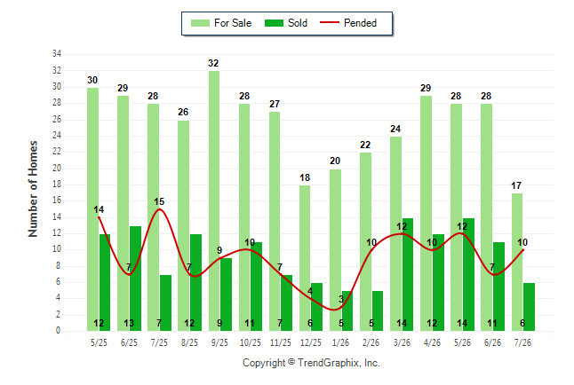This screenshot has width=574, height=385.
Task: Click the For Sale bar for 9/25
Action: [214, 200]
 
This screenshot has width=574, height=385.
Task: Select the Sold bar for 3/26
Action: [408, 275]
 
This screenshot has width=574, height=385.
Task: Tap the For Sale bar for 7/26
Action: [517, 263]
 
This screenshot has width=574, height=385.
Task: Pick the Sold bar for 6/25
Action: [135, 279]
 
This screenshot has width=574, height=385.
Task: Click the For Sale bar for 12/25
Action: [305, 258]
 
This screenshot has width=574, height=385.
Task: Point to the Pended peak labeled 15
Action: [159, 208]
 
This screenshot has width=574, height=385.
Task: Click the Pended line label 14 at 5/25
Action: [99, 210]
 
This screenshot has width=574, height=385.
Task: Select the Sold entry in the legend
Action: [286, 23]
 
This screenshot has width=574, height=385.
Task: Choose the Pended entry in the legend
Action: [348, 23]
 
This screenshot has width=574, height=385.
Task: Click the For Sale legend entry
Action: [221, 23]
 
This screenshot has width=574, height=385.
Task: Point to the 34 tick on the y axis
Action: [57, 54]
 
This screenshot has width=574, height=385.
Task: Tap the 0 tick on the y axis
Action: [58, 331]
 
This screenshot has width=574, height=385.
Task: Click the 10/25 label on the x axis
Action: [251, 342]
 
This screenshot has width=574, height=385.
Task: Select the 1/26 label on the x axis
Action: [341, 342]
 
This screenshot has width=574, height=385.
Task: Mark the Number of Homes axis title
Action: [33, 189]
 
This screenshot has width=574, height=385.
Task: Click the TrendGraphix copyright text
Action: [311, 363]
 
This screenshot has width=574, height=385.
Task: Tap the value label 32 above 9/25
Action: [213, 63]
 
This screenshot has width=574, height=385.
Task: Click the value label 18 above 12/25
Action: [305, 177]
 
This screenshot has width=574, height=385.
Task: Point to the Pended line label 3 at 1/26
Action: [341, 300]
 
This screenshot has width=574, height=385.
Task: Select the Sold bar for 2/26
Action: [378, 311]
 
